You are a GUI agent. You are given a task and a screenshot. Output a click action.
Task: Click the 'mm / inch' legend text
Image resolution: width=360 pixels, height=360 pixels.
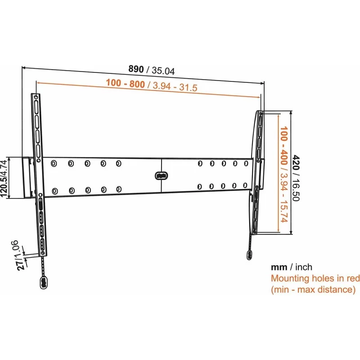point(291,267)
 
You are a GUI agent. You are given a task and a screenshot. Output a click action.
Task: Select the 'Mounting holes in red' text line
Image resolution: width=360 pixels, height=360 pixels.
point(315,279)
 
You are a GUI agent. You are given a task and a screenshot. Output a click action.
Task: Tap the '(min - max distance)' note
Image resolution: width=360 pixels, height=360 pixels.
point(313,290)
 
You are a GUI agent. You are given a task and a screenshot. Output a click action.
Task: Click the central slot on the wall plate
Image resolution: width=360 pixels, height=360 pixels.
point(160,175)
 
